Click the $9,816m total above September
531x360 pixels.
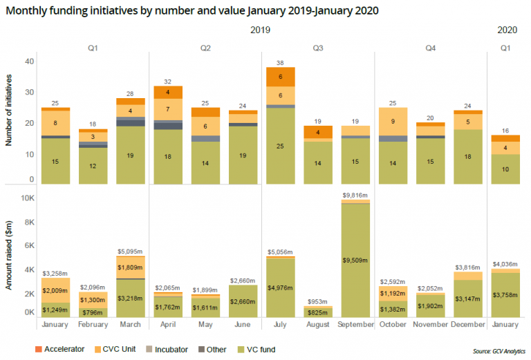(x=356, y=196)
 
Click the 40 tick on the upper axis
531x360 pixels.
(x=29, y=61)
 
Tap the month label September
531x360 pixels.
(x=356, y=324)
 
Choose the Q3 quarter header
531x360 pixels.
(x=318, y=48)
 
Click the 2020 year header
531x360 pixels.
(x=507, y=30)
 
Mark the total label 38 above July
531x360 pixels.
(x=281, y=61)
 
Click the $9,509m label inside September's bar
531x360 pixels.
(x=356, y=260)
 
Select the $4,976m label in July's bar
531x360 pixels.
(x=281, y=288)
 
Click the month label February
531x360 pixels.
(x=93, y=324)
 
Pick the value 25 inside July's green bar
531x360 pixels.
(x=281, y=146)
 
